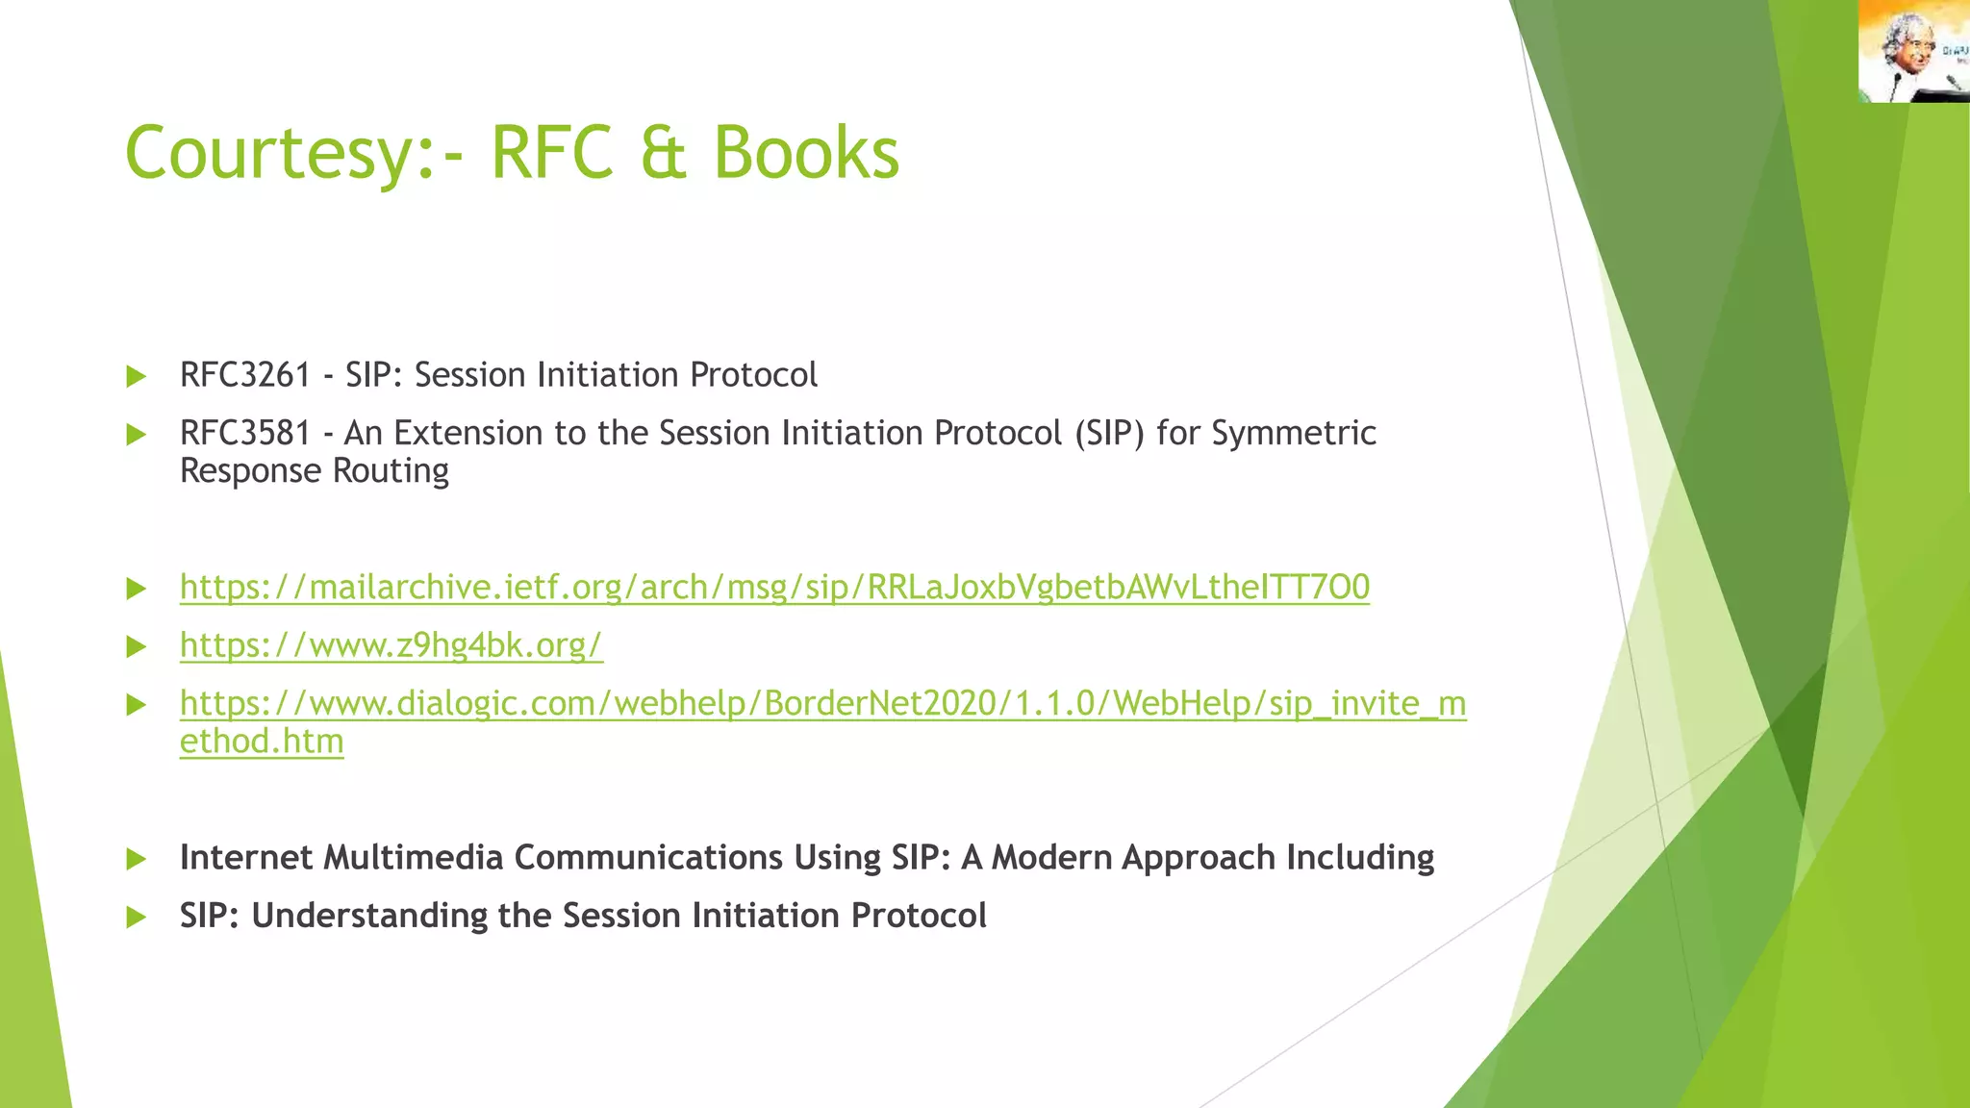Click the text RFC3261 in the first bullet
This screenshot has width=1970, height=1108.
pyautogui.click(x=245, y=375)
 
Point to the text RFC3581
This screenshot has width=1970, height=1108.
pyautogui.click(x=245, y=434)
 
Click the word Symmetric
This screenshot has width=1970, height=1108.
pyautogui.click(x=1294, y=434)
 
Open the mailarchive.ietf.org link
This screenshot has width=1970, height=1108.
pyautogui.click(x=774, y=587)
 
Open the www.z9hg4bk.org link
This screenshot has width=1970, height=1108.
pyautogui.click(x=391, y=645)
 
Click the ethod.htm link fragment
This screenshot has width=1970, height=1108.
pyautogui.click(x=262, y=742)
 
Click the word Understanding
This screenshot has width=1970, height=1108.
pyautogui.click(x=369, y=916)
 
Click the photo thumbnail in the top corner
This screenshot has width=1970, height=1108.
pyautogui.click(x=1913, y=51)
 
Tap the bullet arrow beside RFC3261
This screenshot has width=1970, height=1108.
pyautogui.click(x=137, y=376)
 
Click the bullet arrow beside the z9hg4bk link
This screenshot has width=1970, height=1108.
pyautogui.click(x=137, y=646)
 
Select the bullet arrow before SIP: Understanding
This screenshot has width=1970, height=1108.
pyautogui.click(x=137, y=917)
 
